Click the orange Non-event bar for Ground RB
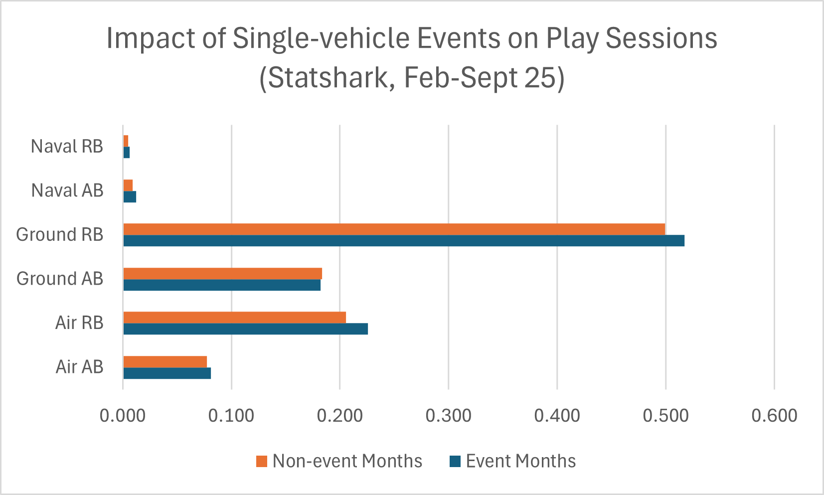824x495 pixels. (x=394, y=229)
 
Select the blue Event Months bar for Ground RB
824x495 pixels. (x=404, y=241)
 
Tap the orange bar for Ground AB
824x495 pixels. (x=222, y=274)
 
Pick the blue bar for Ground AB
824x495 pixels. (x=222, y=285)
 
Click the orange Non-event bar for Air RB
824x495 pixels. (x=234, y=318)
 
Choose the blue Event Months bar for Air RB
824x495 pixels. (x=245, y=329)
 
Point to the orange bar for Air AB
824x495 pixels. (x=165, y=362)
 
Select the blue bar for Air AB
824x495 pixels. (x=167, y=373)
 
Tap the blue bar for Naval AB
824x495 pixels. (x=130, y=197)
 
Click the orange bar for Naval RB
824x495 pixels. (x=126, y=141)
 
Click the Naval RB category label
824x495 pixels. (x=67, y=147)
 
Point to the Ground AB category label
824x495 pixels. (x=60, y=279)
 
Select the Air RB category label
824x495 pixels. (x=79, y=323)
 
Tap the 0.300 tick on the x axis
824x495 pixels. (x=448, y=415)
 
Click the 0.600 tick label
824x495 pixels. (x=774, y=415)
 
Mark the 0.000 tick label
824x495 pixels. (x=123, y=415)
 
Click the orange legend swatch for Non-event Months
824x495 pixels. (x=262, y=461)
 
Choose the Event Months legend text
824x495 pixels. (x=520, y=461)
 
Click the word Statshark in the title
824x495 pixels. (x=327, y=78)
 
